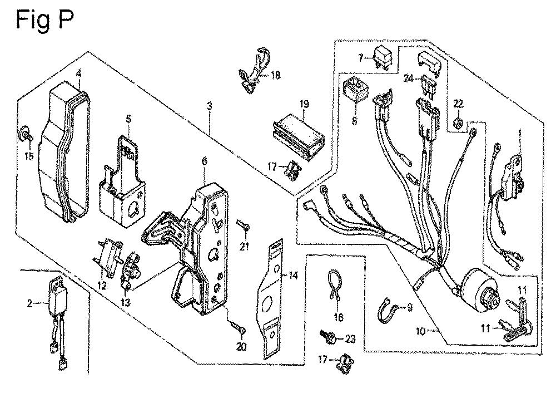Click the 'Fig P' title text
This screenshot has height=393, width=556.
(x=44, y=21)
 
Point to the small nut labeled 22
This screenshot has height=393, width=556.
(x=457, y=123)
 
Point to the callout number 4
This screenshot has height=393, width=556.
(x=78, y=72)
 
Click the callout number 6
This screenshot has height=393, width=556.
(x=205, y=161)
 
